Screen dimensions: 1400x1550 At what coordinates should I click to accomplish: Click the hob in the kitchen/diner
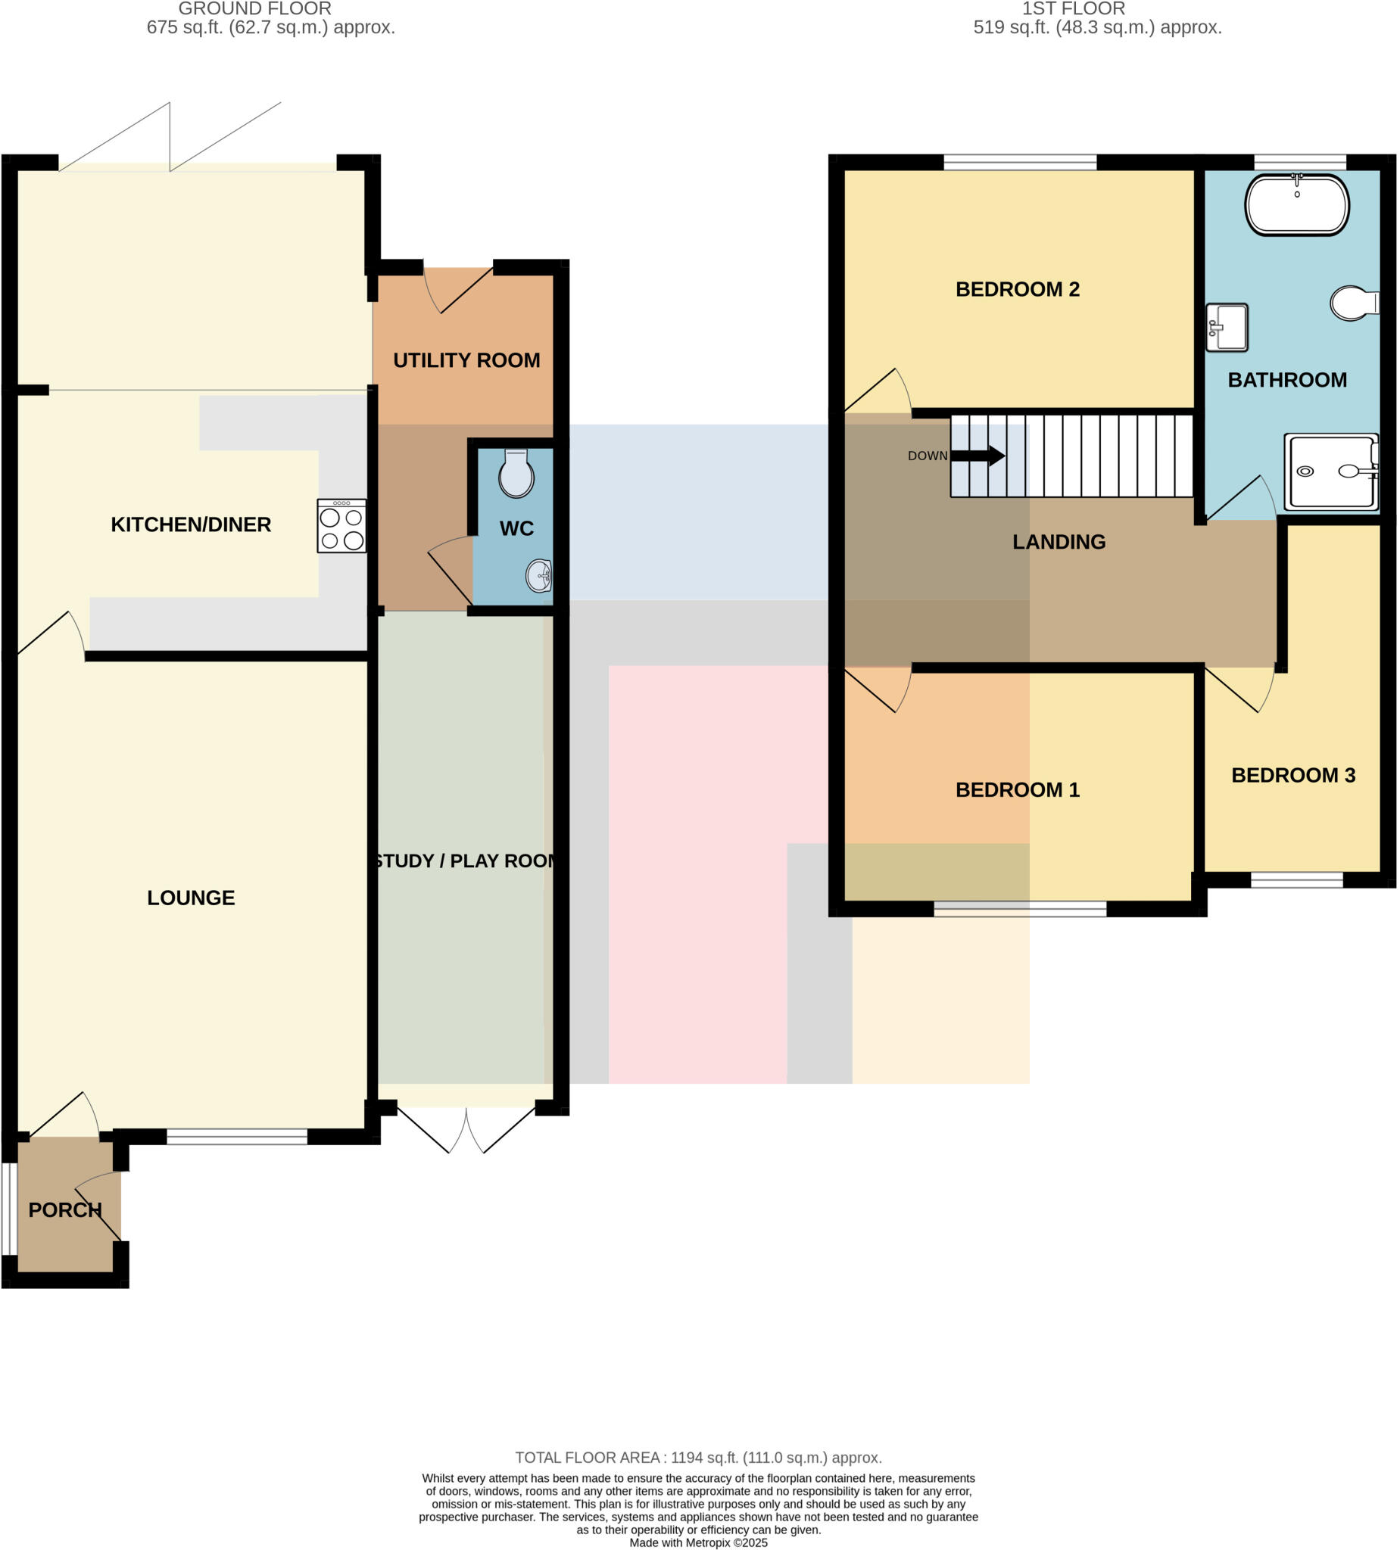pos(341,526)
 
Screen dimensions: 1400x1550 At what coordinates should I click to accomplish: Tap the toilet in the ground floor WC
pos(516,474)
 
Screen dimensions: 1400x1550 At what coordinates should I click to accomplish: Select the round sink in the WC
pos(539,576)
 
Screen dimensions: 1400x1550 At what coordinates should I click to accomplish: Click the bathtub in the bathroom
pos(1296,204)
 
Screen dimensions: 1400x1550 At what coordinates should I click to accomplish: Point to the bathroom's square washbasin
pos(1226,328)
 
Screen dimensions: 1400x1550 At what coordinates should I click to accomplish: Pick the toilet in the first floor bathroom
pos(1354,303)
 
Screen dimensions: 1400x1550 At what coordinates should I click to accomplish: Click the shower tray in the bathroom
pos(1332,472)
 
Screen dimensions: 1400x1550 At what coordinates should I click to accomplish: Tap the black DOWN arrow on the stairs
pos(978,456)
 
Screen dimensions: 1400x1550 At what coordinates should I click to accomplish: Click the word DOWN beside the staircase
pos(927,456)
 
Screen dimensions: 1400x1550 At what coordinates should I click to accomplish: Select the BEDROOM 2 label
pos(1017,289)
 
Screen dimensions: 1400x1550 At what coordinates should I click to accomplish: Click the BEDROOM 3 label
pos(1293,775)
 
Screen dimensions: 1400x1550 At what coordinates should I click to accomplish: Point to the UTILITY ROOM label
pos(466,359)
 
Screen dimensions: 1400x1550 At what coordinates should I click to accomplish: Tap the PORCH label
pos(65,1209)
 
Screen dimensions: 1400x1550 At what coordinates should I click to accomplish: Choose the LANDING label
pos(1059,542)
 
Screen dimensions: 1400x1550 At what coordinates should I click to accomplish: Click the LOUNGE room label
pos(191,898)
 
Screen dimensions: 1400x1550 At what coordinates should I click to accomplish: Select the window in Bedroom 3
pos(1296,879)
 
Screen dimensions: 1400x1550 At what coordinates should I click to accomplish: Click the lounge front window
pos(237,1136)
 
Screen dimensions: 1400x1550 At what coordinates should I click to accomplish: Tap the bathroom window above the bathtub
pos(1300,162)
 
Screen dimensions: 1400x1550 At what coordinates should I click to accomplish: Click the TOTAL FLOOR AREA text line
pos(698,1458)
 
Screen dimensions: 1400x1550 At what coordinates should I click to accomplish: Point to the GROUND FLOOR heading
pos(254,8)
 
